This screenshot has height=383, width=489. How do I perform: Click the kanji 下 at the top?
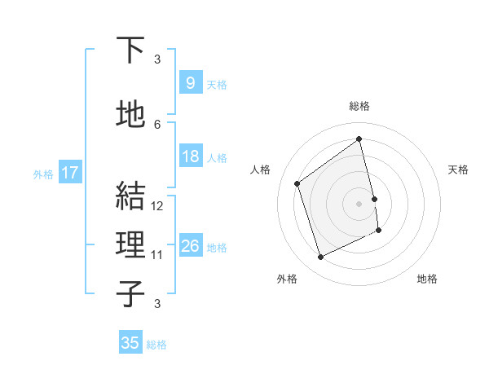coord(130,51)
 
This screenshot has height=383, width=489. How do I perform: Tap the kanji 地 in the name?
coord(130,116)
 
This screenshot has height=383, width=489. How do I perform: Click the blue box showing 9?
coord(190,82)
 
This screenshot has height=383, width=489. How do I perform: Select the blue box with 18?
coord(190,156)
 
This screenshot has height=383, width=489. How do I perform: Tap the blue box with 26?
coord(190,246)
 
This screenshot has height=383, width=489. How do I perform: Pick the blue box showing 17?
coord(69,173)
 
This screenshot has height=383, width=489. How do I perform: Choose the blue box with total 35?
coord(130,343)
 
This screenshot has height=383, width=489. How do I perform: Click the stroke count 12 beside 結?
coord(158,206)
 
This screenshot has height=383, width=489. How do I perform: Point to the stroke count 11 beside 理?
coord(158,255)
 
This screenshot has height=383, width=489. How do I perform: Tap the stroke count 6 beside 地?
coord(157,125)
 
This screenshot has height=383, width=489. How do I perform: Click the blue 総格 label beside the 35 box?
coord(156,345)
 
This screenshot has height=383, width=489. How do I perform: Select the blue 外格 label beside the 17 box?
coord(42,174)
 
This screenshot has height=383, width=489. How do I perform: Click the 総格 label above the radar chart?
coord(359,106)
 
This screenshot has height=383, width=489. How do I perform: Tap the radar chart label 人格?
coord(261,169)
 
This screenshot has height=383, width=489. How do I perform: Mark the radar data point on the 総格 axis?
coord(359,139)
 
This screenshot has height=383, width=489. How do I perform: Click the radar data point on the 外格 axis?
coord(320,258)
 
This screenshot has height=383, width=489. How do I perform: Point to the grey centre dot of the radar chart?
coord(359,203)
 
